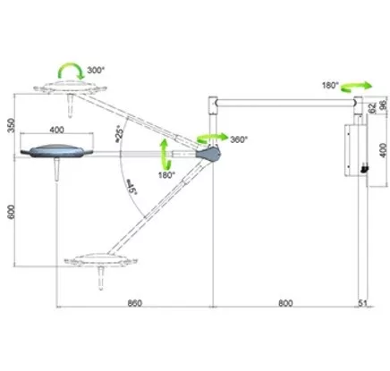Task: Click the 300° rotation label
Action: [96, 70]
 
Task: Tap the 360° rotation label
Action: [239, 139]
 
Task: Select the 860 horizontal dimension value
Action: [135, 303]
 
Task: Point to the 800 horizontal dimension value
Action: [285, 303]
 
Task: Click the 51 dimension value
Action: [362, 303]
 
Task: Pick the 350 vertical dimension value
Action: [11, 125]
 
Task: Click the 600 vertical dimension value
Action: [11, 212]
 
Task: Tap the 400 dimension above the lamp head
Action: [56, 130]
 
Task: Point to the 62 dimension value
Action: [372, 108]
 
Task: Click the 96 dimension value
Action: [384, 105]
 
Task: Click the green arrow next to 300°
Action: [71, 71]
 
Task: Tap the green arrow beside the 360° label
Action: [212, 138]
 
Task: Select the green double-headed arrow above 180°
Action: [165, 155]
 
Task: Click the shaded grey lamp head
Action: [56, 151]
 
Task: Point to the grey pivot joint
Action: [208, 153]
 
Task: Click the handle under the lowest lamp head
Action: [101, 278]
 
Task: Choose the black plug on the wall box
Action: [364, 169]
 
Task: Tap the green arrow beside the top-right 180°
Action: [356, 86]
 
